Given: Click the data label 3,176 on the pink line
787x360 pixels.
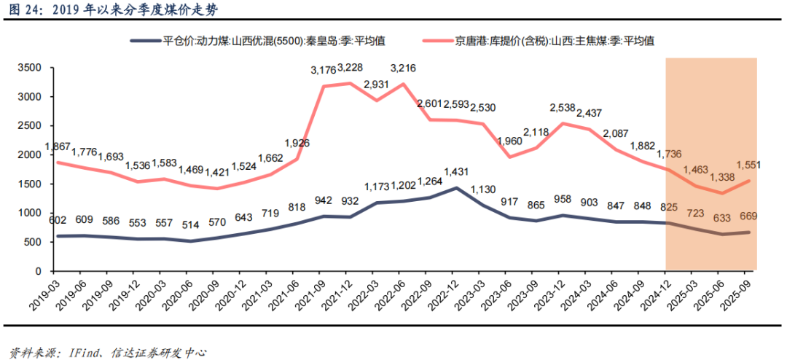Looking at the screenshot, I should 324,71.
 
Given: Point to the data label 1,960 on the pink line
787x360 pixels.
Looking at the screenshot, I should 517,141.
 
